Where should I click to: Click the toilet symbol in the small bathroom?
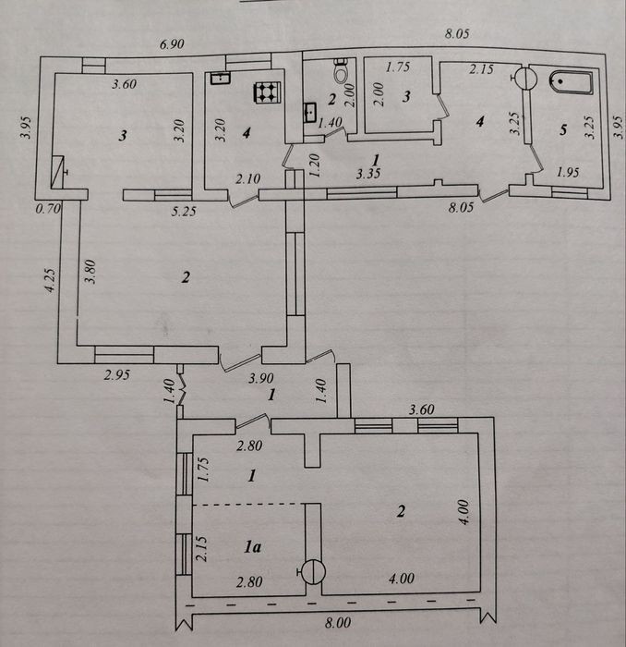(x=341, y=70)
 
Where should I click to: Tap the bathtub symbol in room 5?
(x=572, y=82)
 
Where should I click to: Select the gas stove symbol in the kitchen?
(x=267, y=92)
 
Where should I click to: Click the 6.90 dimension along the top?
(x=172, y=43)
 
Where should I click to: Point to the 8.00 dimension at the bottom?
(x=338, y=623)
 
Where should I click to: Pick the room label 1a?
(x=252, y=547)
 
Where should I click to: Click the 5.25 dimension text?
(x=184, y=212)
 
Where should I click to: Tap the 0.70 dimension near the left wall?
(x=48, y=208)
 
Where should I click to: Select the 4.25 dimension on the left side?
(x=50, y=281)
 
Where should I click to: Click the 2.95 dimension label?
(x=117, y=375)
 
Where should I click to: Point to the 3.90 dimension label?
(x=261, y=378)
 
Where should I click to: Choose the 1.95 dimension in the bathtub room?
(x=568, y=172)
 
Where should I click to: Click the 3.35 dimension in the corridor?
(x=368, y=174)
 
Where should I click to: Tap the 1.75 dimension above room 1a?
(x=203, y=470)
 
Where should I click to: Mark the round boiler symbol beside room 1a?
(x=313, y=572)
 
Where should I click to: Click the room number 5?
(x=563, y=130)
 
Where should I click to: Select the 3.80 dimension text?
(x=90, y=272)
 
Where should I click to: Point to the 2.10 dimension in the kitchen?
(x=248, y=178)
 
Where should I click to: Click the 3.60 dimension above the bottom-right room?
(x=421, y=409)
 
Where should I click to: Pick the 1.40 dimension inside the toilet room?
(x=331, y=122)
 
